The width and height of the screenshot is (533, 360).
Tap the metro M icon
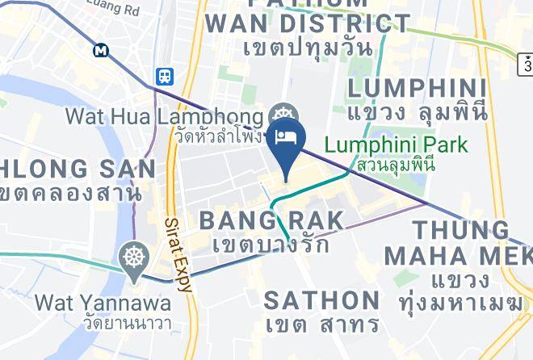(x=102, y=50)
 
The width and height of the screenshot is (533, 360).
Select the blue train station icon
(x=166, y=76)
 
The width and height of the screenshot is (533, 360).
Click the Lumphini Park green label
(x=396, y=146)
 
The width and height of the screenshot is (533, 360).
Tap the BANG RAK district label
(x=271, y=220)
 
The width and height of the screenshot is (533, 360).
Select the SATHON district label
(x=322, y=300)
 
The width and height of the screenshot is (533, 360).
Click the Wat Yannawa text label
(x=103, y=303)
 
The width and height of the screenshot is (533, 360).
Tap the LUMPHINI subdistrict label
(x=417, y=88)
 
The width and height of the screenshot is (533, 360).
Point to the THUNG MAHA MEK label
(x=458, y=242)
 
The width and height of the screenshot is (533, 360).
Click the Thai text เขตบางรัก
(x=271, y=244)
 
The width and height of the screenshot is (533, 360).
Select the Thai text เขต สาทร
(x=322, y=324)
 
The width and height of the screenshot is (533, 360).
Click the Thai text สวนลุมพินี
(x=396, y=165)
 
